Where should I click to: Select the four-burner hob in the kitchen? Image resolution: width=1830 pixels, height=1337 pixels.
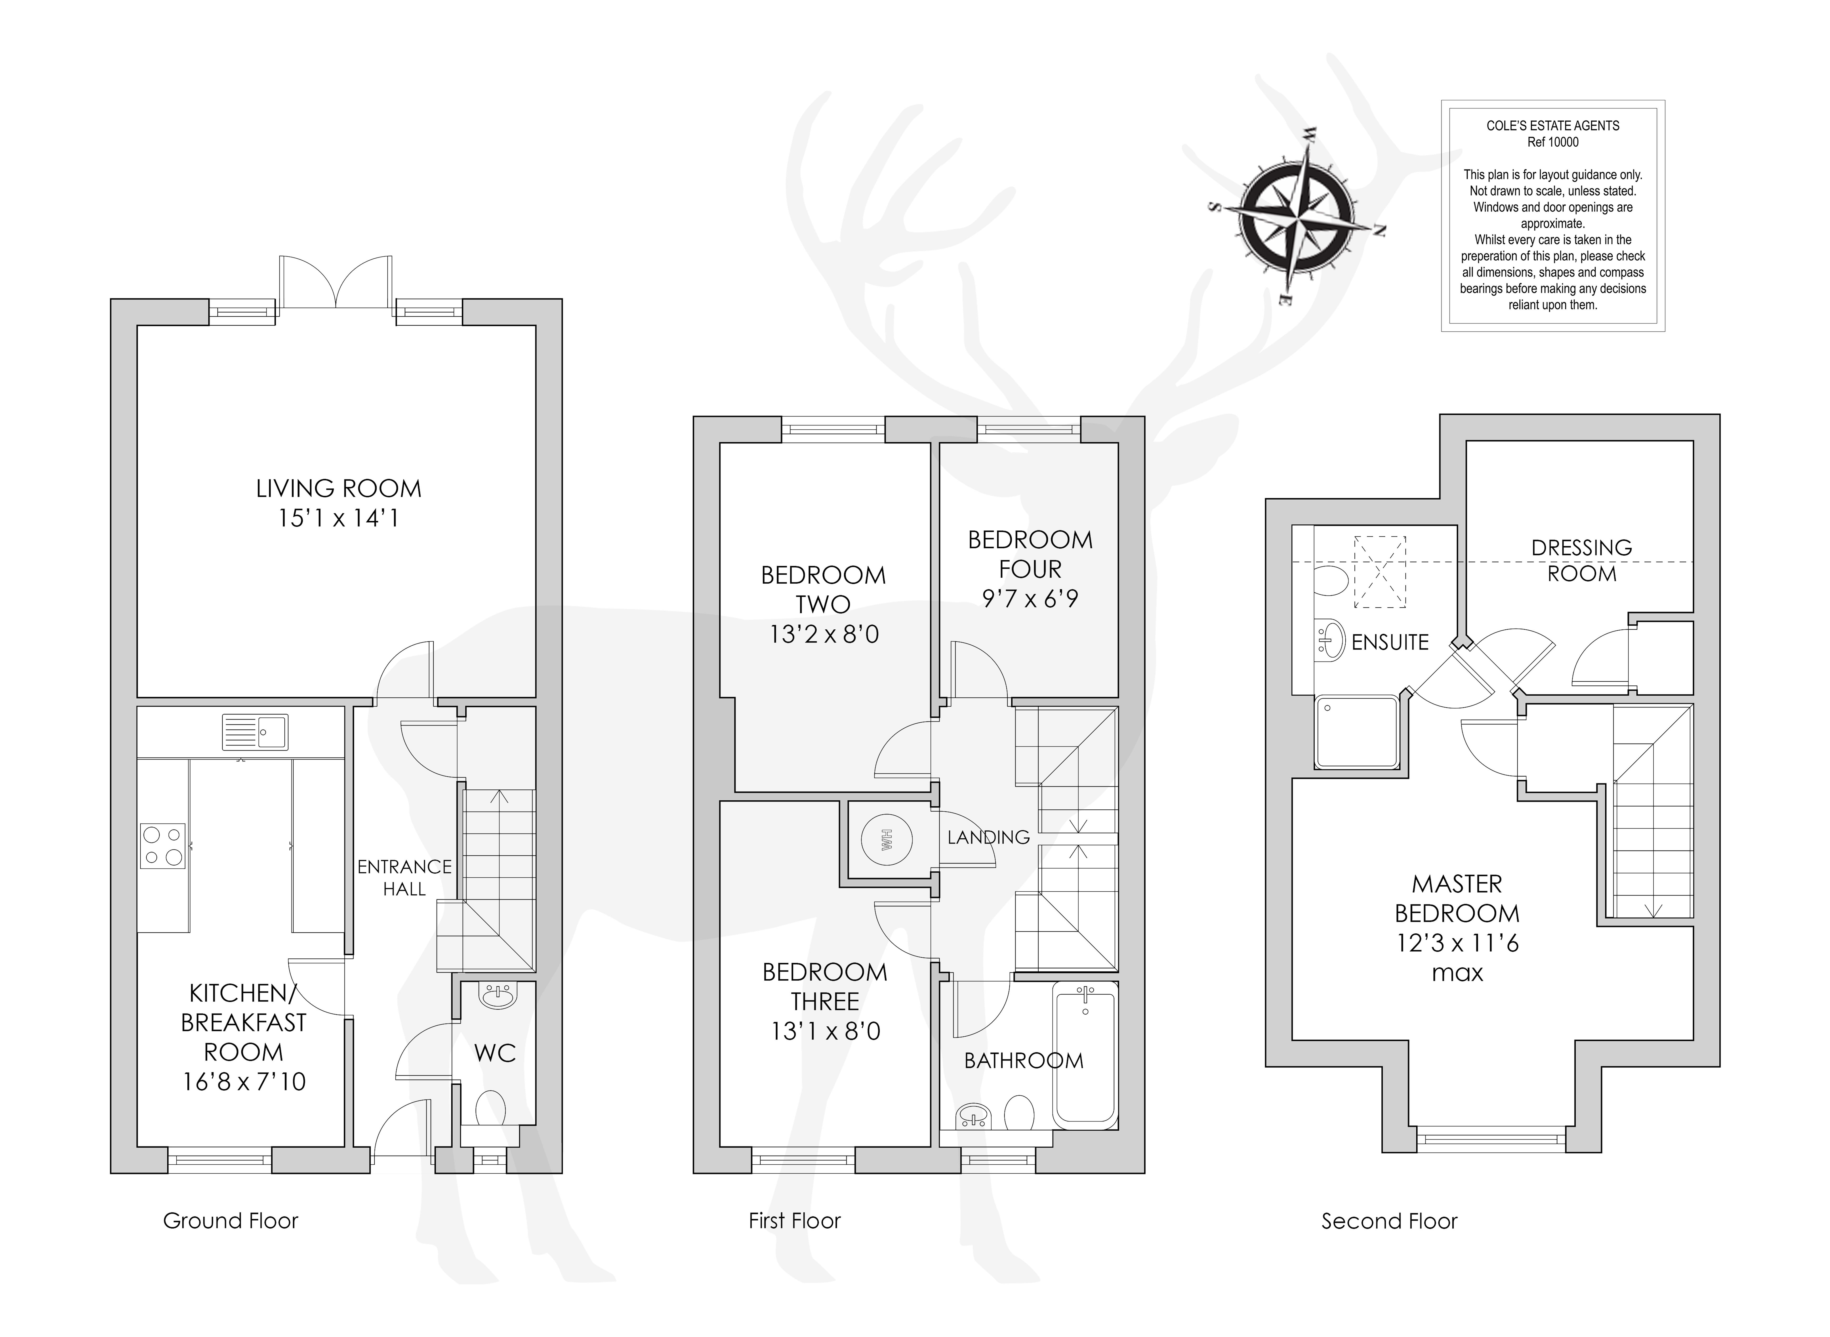(163, 846)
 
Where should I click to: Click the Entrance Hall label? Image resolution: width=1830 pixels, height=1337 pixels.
(405, 877)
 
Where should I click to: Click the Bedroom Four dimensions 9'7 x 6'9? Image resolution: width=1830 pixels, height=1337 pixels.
(1030, 599)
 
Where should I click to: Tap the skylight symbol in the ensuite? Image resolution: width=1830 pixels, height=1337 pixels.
(1380, 571)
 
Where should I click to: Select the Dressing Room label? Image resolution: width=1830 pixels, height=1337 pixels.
(1582, 560)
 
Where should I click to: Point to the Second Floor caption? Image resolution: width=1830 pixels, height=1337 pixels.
(1389, 1221)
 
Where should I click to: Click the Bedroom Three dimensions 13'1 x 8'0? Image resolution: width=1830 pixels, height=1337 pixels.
(825, 1031)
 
